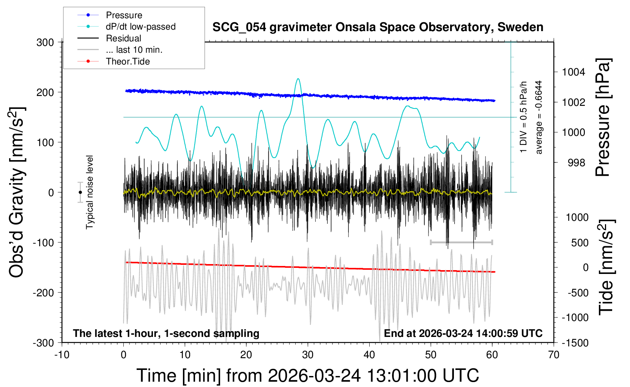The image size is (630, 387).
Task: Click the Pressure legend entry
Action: pos(124,15)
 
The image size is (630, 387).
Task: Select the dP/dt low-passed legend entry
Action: pos(140,27)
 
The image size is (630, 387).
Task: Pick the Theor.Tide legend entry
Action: pos(128,61)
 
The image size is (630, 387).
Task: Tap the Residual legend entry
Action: pos(123,38)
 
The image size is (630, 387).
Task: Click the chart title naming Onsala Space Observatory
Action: pos(378,27)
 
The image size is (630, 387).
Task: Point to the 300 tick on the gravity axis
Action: pos(45,42)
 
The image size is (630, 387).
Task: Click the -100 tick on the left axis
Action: pos(43,242)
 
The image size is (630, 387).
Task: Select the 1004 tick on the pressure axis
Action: pos(574,72)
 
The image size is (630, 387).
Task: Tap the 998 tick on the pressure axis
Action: pos(576,163)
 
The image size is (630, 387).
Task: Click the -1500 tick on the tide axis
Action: pos(575,343)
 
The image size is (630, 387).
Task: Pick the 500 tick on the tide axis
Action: pos(580,243)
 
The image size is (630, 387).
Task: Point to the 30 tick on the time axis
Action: pos(308,355)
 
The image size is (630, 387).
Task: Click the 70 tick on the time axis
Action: pos(554,355)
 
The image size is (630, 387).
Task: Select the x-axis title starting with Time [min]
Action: pos(307,376)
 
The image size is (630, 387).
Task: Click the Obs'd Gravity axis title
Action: pos(17,192)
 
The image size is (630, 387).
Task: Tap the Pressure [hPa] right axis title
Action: pos(602,117)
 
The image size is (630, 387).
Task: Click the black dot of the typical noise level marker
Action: pos(80,192)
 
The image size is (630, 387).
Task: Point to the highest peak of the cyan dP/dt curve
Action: pos(298,79)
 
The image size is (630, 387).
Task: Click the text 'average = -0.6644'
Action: pos(539,117)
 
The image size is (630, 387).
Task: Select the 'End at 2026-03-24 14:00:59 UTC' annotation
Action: pos(463,334)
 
